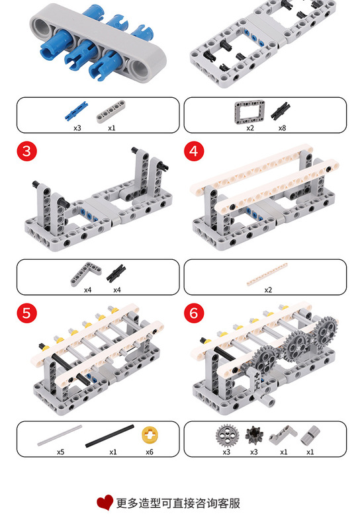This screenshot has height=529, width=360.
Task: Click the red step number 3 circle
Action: click(26, 151)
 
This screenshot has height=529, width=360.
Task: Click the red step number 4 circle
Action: click(194, 151)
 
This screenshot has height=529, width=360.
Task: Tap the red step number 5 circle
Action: click(26, 313)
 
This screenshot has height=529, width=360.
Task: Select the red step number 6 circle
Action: click(194, 313)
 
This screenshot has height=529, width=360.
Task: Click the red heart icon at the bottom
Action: click(105, 503)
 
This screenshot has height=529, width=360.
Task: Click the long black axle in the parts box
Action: click(109, 436)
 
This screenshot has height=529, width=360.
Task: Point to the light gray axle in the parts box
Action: click(60, 436)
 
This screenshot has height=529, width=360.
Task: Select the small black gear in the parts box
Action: click(254, 435)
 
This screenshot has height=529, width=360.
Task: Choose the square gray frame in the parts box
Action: click(249, 112)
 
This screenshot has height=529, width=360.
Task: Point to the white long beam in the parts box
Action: click(267, 274)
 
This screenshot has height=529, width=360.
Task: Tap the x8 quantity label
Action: click(282, 128)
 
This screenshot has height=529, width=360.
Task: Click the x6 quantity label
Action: click(150, 452)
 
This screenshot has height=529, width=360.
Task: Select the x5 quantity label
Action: click(60, 452)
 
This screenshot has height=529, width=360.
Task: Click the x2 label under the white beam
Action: click(268, 290)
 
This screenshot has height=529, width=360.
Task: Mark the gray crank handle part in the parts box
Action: click(283, 434)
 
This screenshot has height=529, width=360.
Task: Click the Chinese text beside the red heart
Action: click(178, 503)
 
